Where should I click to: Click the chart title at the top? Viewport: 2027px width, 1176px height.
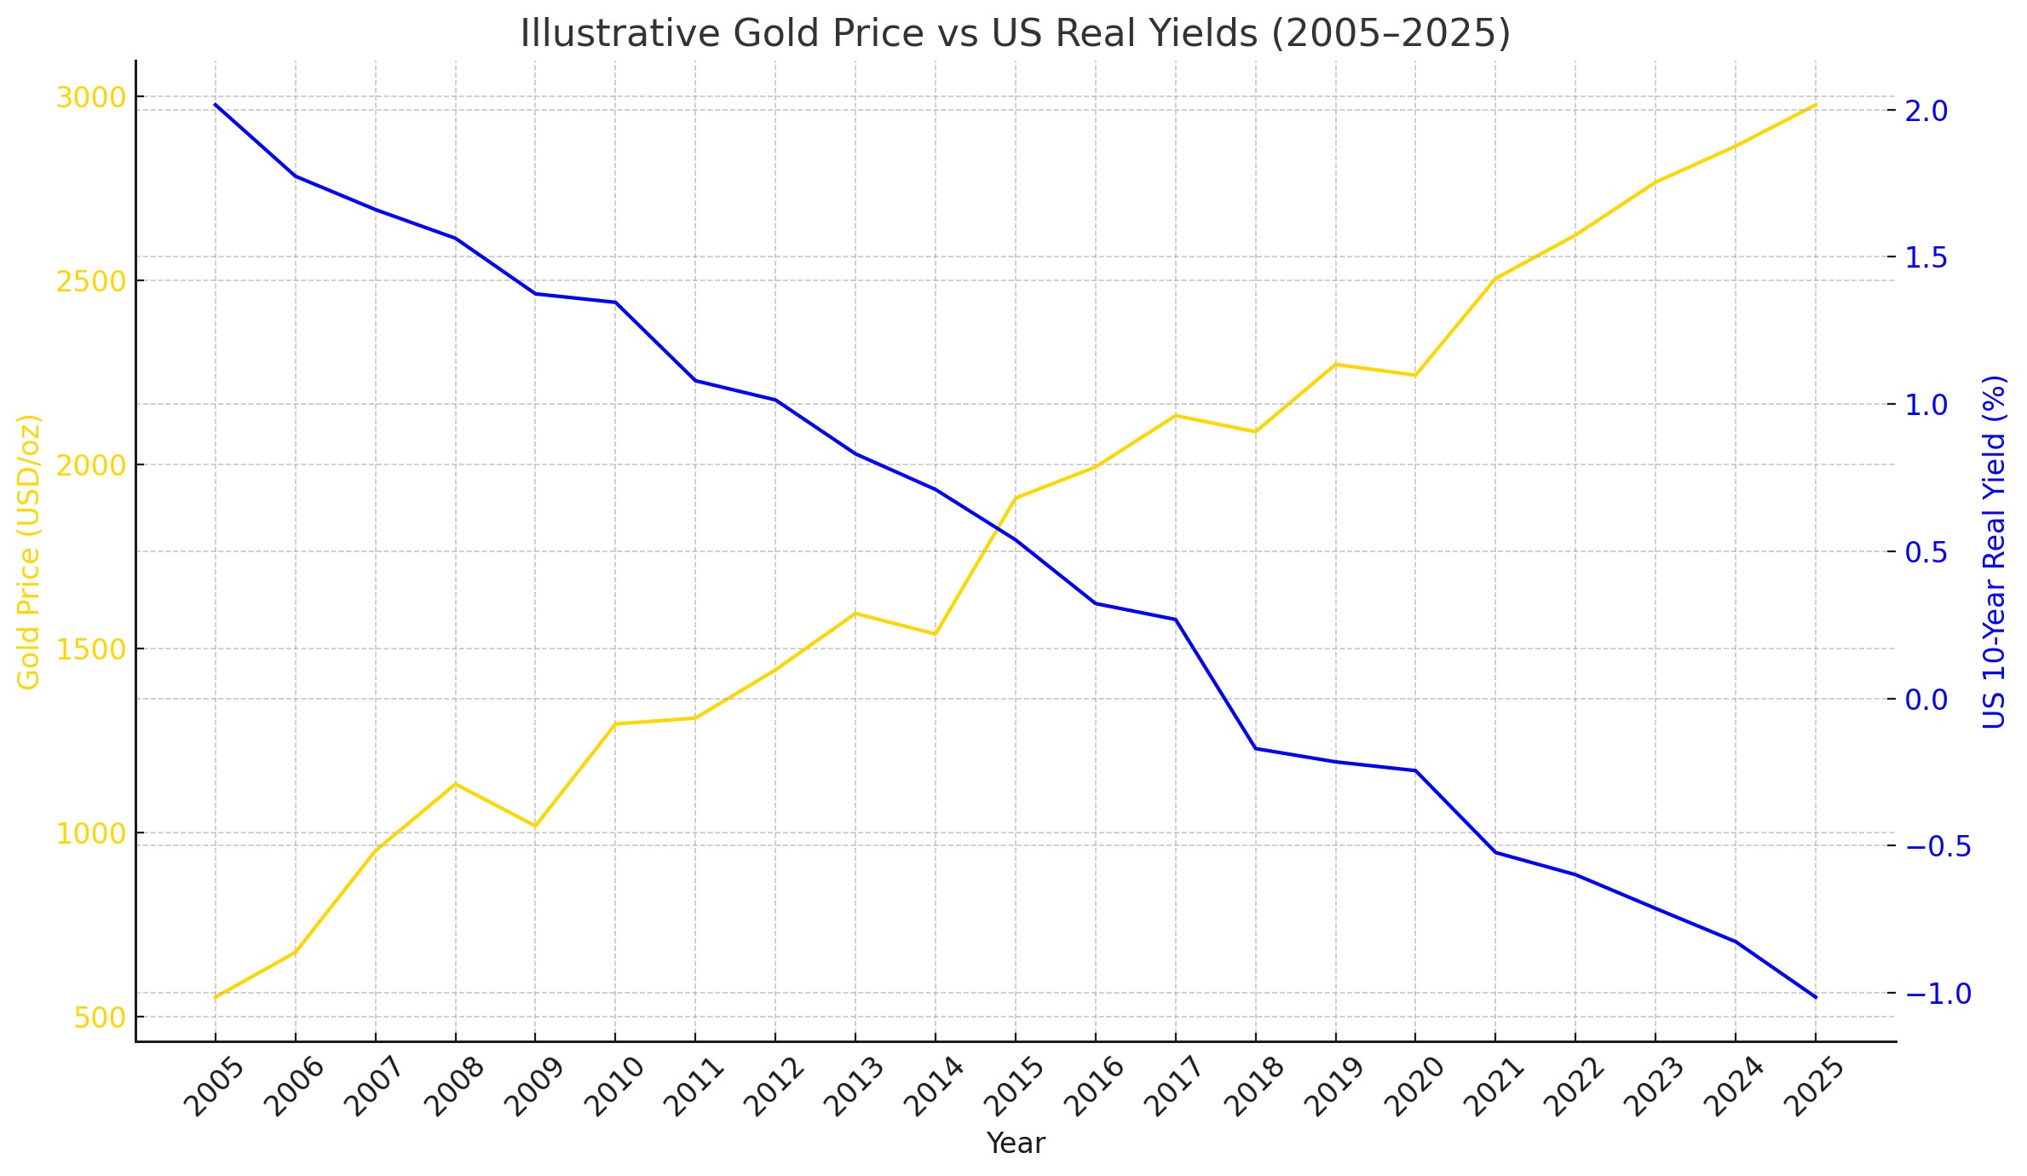[1015, 34]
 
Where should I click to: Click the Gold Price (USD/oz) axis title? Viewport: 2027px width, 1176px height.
[29, 551]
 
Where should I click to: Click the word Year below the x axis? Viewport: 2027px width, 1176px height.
[1015, 1144]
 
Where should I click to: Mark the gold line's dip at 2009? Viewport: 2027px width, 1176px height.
[535, 826]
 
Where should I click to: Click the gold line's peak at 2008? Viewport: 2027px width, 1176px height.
[456, 783]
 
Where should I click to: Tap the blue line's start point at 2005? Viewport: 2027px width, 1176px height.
[216, 104]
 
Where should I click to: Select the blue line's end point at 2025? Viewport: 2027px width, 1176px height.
[1816, 997]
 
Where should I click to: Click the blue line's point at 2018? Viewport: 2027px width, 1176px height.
[1256, 748]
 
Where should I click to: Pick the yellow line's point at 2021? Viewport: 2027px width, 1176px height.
[1495, 278]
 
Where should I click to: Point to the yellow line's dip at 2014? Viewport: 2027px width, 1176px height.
[936, 634]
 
